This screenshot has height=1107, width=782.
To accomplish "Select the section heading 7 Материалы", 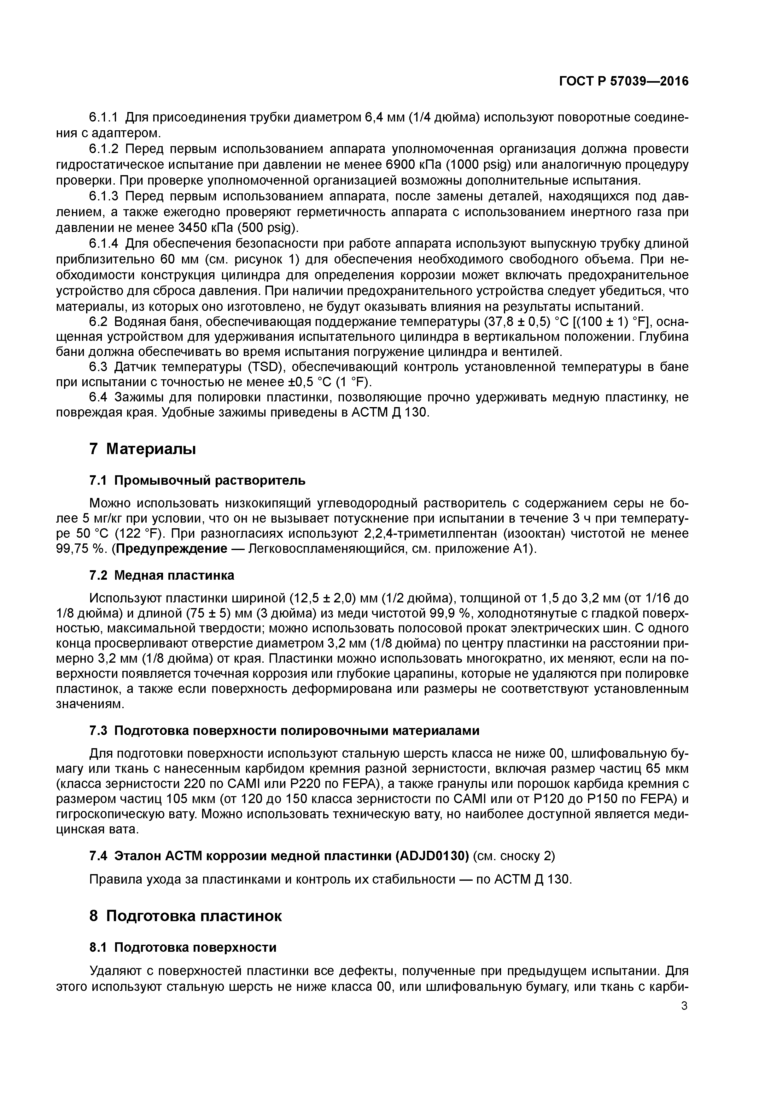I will coord(143,449).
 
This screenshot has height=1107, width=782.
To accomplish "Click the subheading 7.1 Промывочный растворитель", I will coord(197,480).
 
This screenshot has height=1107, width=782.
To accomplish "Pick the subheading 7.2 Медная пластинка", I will coord(162,575).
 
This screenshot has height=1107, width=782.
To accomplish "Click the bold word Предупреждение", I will coord(172,549).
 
